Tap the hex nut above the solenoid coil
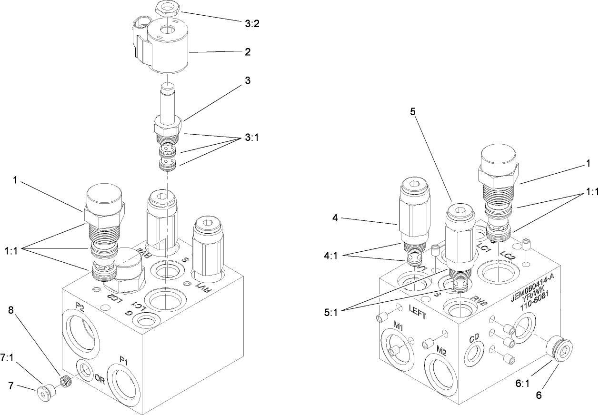coord(168,8)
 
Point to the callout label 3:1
coord(252,138)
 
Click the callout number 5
coord(413,111)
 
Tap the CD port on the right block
coord(474,353)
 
